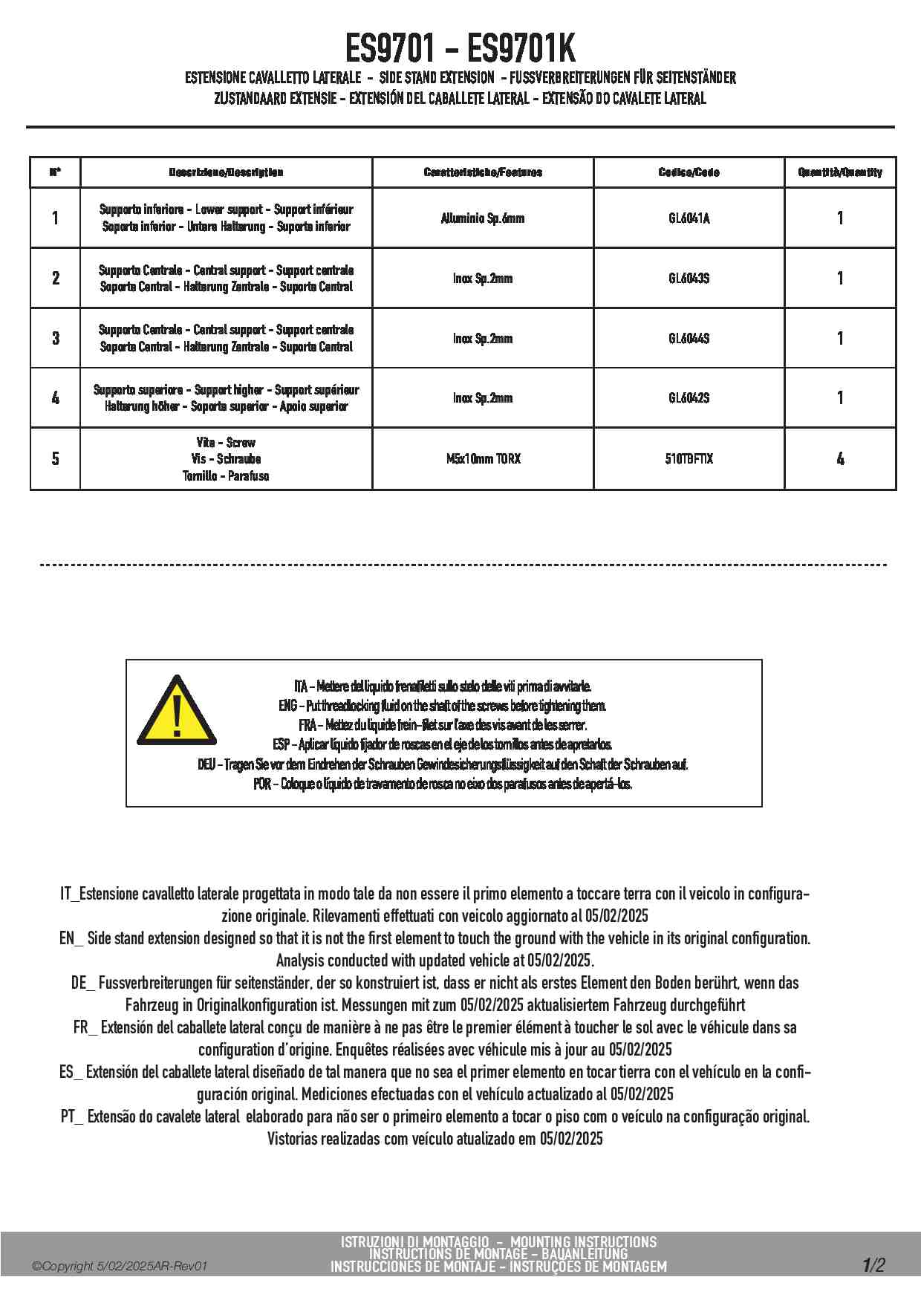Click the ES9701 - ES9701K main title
[461, 49]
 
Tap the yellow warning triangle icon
[177, 712]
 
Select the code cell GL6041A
[689, 218]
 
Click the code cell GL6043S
[689, 279]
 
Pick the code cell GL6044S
[689, 339]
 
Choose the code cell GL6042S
[689, 398]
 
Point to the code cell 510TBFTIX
[689, 459]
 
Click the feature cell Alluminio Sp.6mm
[483, 218]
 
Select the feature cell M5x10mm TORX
[483, 459]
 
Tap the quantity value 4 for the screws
[840, 459]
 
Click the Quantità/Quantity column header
[840, 172]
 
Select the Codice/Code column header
[689, 172]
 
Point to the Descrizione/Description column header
[226, 172]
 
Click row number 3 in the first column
[56, 339]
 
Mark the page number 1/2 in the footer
[873, 1265]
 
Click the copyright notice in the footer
[119, 1267]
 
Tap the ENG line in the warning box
[443, 706]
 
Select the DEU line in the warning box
[443, 764]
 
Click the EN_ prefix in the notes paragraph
[71, 938]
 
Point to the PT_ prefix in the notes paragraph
[72, 1117]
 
